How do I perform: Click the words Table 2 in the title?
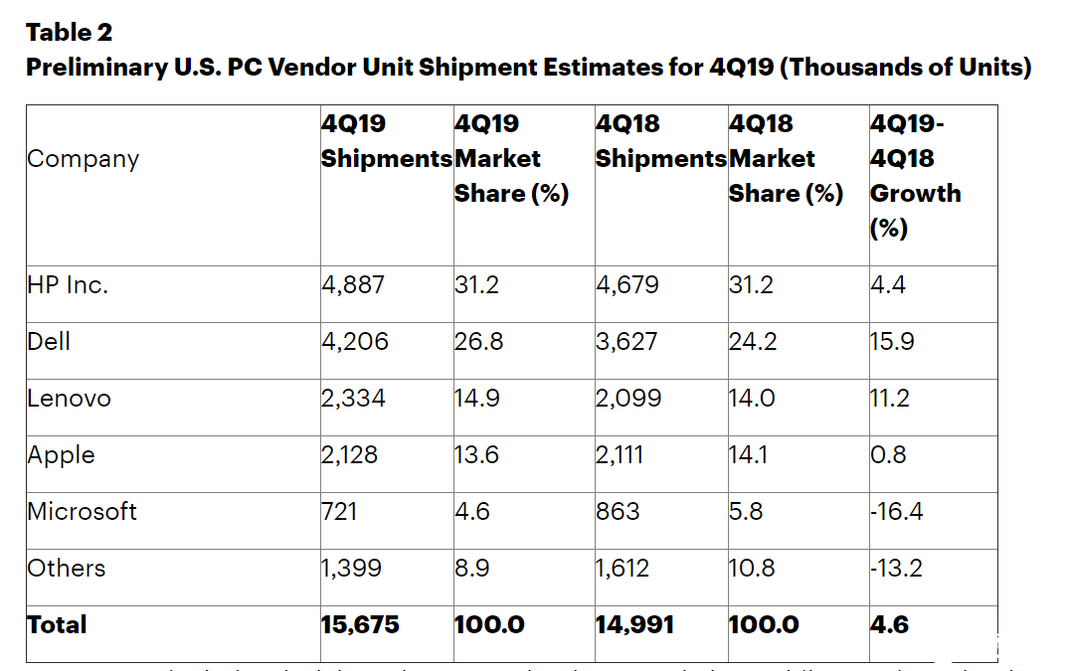pyautogui.click(x=69, y=33)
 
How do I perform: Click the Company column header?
pyautogui.click(x=83, y=159)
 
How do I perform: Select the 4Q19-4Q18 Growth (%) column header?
pyautogui.click(x=915, y=176)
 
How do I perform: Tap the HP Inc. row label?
pyautogui.click(x=68, y=285)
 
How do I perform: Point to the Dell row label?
pyautogui.click(x=49, y=342)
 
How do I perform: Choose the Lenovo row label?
pyautogui.click(x=69, y=399)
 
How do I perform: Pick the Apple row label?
pyautogui.click(x=62, y=455)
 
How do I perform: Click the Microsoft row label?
pyautogui.click(x=82, y=512)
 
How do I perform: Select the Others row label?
pyautogui.click(x=66, y=569)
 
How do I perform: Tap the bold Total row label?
pyautogui.click(x=57, y=625)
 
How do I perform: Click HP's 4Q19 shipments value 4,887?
pyautogui.click(x=353, y=285)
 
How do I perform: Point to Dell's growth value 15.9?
pyautogui.click(x=892, y=342)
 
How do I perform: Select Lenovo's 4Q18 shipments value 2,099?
pyautogui.click(x=626, y=399)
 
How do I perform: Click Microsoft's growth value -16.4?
pyautogui.click(x=897, y=512)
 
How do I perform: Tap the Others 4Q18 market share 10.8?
pyautogui.click(x=752, y=569)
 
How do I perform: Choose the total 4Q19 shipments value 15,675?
pyautogui.click(x=360, y=625)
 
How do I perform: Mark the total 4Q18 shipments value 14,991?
pyautogui.click(x=634, y=625)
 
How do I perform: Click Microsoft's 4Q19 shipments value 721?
pyautogui.click(x=339, y=512)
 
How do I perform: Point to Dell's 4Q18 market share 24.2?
pyautogui.click(x=752, y=342)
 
